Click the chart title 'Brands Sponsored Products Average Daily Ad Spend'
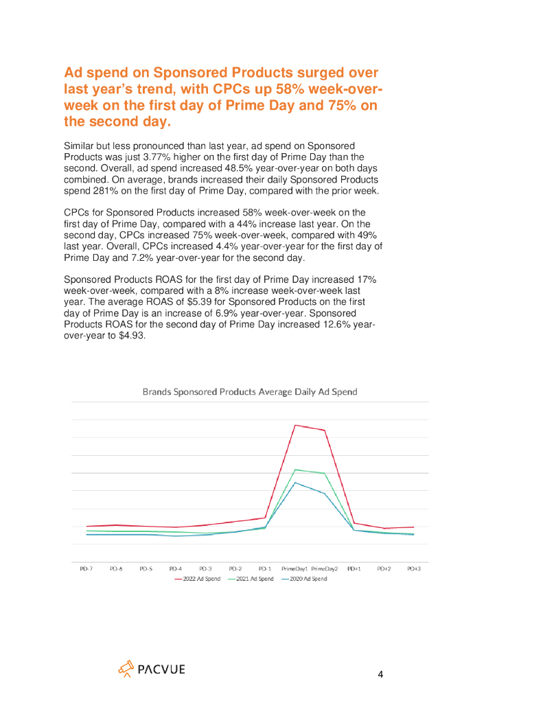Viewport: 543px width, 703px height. pos(249,392)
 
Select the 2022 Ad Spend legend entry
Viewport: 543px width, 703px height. pos(198,579)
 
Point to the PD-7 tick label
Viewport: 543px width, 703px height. pos(86,569)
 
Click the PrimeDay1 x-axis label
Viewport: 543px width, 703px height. pos(294,569)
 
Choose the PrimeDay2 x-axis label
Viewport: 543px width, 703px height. pos(324,569)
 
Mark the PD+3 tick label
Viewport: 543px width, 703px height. pos(413,569)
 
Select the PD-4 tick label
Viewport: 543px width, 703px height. pos(176,569)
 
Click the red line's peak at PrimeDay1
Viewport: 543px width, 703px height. pos(295,425)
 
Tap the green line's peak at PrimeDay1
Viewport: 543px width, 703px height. pos(295,470)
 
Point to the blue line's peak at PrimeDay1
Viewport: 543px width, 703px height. pos(295,483)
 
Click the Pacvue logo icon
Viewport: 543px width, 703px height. pos(126,669)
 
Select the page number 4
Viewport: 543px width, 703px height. pos(381,674)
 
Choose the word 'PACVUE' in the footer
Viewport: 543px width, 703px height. pos(161,669)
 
